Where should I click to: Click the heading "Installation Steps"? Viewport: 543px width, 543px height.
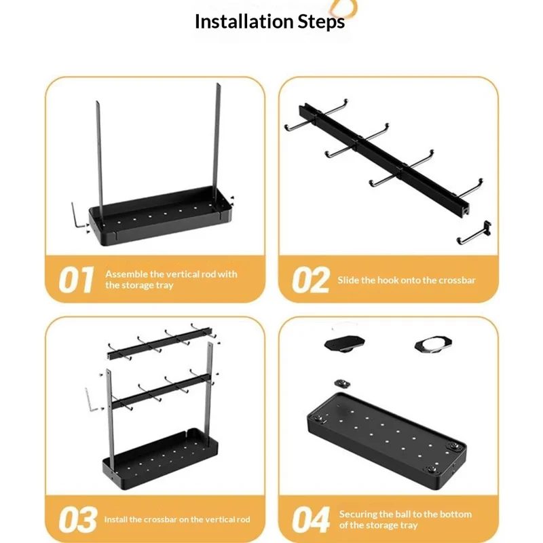[269, 22]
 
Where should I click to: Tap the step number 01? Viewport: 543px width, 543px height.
[76, 280]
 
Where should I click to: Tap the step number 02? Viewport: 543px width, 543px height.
[310, 280]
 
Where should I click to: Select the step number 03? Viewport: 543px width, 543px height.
[77, 519]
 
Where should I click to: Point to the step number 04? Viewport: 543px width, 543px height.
[311, 519]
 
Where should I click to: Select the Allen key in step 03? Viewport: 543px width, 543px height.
[91, 400]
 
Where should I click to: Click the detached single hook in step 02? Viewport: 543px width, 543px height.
[474, 233]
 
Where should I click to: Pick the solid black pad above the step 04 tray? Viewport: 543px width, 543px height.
[344, 343]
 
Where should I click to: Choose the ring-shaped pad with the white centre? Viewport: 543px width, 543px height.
[433, 345]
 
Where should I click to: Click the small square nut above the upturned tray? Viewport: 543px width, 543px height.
[342, 383]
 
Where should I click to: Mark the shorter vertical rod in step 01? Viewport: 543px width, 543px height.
[99, 160]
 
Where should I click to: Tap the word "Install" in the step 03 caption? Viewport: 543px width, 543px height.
[115, 519]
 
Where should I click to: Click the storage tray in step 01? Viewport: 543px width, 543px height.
[160, 215]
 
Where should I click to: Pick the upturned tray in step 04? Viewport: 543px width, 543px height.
[387, 441]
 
